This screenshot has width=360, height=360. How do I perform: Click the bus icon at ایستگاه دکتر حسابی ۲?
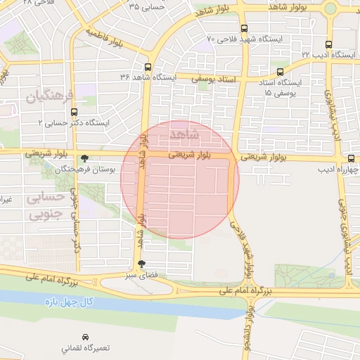pyautogui.click(x=75, y=110)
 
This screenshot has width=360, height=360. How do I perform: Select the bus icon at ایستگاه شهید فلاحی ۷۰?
pyautogui.click(x=244, y=29)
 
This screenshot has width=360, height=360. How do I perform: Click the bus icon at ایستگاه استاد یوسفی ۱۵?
pyautogui.click(x=281, y=72)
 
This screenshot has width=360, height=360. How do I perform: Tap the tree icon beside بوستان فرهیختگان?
pyautogui.click(x=85, y=159)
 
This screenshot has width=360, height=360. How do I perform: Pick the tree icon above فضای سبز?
pyautogui.click(x=143, y=264)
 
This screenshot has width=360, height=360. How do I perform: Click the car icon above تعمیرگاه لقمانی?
pyautogui.click(x=86, y=337)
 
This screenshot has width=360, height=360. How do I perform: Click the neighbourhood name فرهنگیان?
pyautogui.click(x=48, y=96)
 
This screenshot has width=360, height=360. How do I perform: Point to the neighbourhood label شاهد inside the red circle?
pyautogui.click(x=185, y=134)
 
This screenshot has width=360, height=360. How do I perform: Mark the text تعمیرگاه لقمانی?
pyautogui.click(x=86, y=348)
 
